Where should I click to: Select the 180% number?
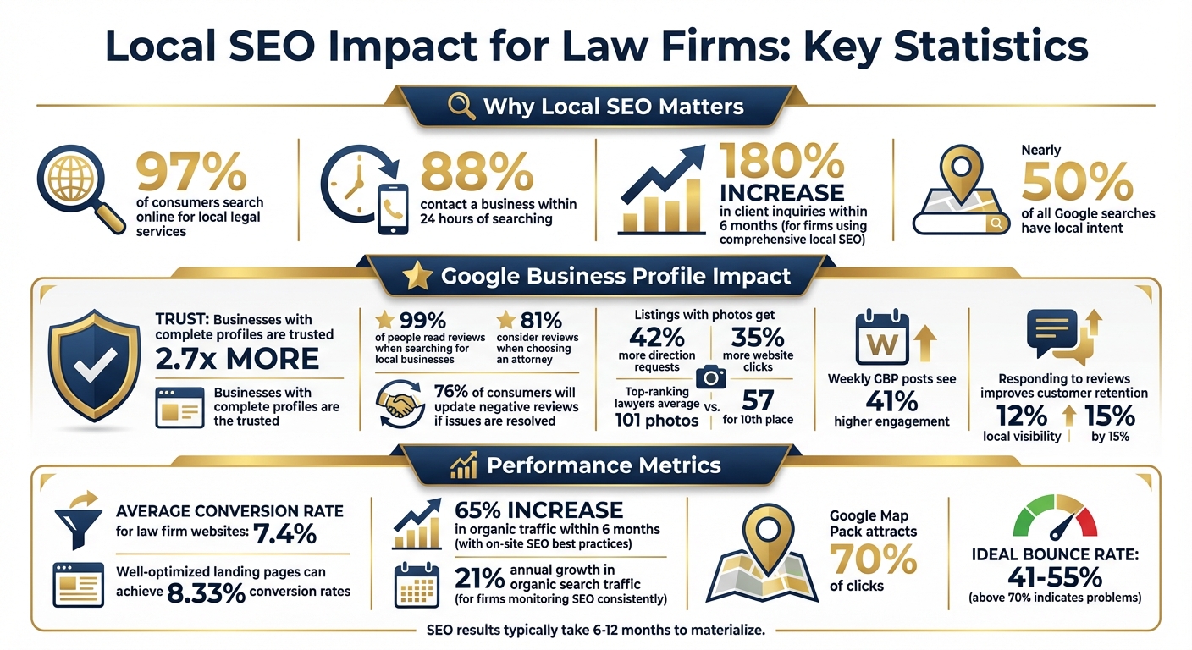tap(781, 161)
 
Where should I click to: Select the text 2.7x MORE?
tap(237, 358)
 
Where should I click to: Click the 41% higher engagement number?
tap(892, 400)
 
